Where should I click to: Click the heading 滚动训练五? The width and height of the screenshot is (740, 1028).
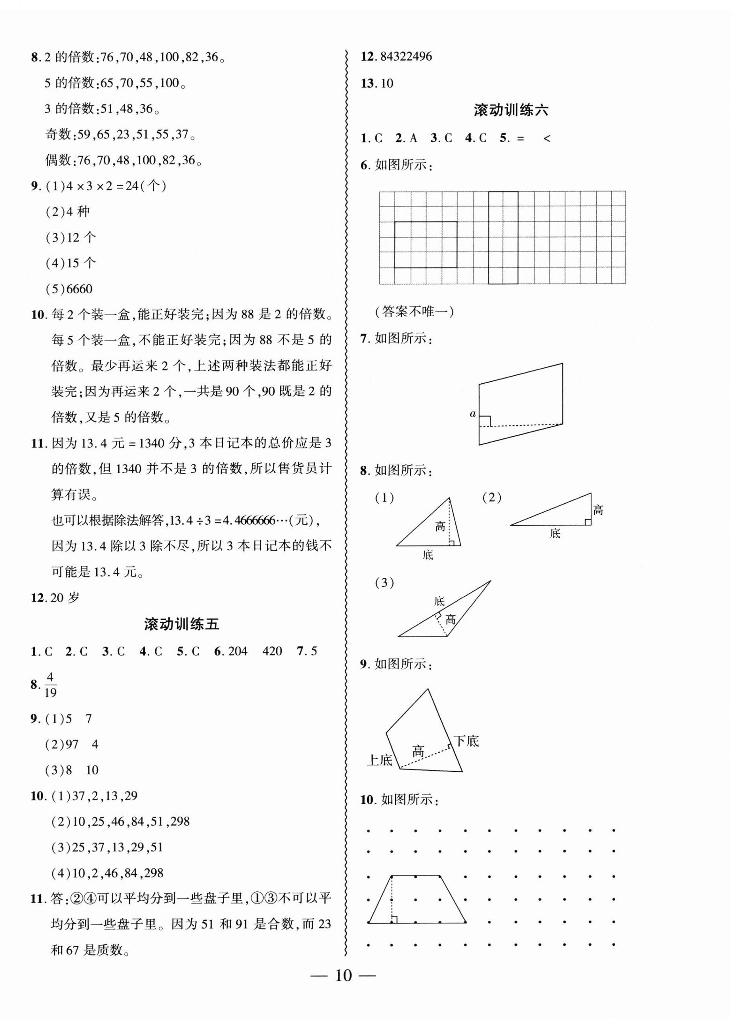[181, 624]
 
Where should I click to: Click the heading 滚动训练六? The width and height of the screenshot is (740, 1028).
[511, 110]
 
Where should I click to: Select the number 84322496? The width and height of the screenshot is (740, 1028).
[407, 57]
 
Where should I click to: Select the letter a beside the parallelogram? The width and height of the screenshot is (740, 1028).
[473, 413]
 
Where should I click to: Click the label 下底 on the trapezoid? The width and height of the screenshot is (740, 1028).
[466, 742]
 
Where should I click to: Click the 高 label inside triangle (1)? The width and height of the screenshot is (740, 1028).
[440, 526]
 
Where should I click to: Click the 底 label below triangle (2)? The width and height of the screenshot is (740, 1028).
[555, 533]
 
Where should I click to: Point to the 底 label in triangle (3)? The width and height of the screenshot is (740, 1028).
[439, 602]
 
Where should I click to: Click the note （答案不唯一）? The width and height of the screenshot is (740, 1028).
[414, 311]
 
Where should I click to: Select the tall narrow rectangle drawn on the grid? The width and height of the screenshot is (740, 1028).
[503, 238]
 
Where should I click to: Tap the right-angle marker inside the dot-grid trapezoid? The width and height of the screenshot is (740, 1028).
[394, 919]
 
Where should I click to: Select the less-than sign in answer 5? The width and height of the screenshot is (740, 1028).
[546, 139]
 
